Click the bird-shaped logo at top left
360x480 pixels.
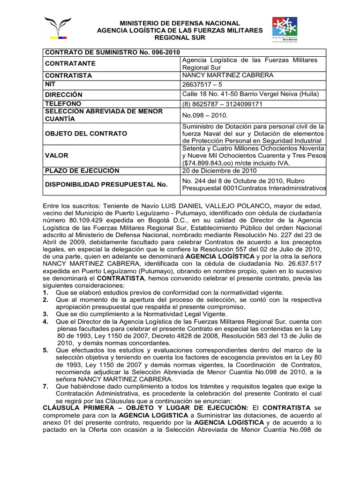click(x=58, y=28)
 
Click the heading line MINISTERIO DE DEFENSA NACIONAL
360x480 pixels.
click(x=180, y=23)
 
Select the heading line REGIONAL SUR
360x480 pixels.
click(x=180, y=37)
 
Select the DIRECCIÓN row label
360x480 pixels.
click(x=64, y=94)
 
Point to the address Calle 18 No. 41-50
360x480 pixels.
click(x=213, y=94)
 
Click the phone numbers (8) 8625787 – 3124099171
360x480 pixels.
click(x=222, y=104)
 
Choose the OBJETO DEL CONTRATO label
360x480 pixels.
click(x=86, y=134)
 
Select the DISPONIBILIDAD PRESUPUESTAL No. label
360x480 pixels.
click(x=106, y=184)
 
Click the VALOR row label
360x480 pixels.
click(x=57, y=155)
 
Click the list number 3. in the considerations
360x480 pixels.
click(x=45, y=314)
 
